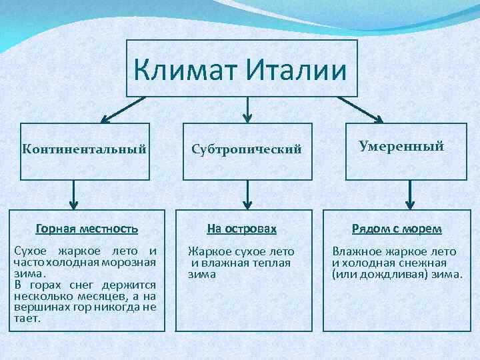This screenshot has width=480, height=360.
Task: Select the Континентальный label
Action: tap(84, 147)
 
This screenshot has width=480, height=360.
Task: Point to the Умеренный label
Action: tap(401, 146)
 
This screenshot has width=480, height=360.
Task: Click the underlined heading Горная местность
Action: tap(87, 229)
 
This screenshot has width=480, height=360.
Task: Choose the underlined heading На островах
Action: tap(241, 229)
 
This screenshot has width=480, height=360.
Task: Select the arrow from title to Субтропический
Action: tap(248, 110)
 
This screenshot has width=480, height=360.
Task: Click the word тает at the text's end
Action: tap(25, 319)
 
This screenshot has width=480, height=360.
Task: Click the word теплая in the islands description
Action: tap(272, 262)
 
